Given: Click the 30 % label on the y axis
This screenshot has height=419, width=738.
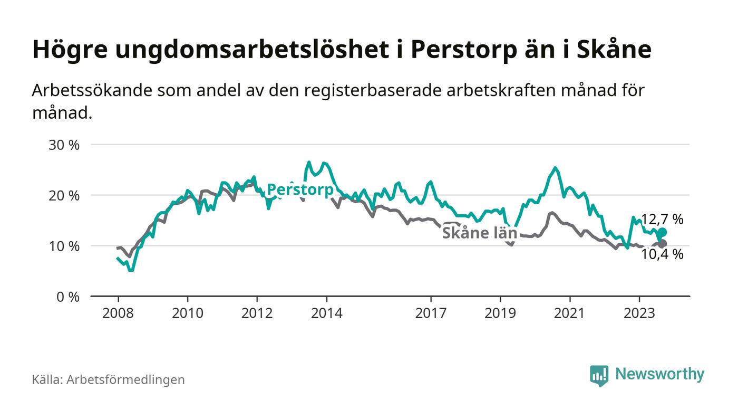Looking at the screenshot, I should [x=64, y=145].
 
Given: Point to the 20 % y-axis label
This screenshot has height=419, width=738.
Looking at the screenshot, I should [x=64, y=195].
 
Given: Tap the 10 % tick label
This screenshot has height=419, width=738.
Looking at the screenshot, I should [x=64, y=246].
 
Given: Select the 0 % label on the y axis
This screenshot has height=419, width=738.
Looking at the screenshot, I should [x=67, y=297].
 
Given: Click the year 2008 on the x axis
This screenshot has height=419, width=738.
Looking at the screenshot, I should [x=118, y=313].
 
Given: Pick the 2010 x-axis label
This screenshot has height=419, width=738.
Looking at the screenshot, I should [x=187, y=313].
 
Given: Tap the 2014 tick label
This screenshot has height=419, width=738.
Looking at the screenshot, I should [x=326, y=313].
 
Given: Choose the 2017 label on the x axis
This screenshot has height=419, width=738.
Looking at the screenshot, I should [x=431, y=313].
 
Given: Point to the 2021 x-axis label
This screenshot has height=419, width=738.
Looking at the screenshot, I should [x=570, y=313].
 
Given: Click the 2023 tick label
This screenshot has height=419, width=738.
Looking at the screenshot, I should [x=639, y=313].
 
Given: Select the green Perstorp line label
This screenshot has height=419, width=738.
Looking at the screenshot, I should [x=300, y=190].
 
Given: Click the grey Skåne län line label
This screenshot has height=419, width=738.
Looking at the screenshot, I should [x=479, y=233].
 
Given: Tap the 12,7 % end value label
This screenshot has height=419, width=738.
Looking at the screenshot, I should [x=662, y=220].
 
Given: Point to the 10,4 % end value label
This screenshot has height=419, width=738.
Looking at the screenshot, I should [x=662, y=255].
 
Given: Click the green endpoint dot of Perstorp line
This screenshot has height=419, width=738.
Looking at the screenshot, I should [x=662, y=232].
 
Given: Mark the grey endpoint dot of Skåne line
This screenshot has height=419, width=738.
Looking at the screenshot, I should [x=662, y=244].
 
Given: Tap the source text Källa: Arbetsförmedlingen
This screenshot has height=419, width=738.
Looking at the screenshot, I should [x=108, y=379].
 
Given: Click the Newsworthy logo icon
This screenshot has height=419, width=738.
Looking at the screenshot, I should [x=599, y=375].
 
